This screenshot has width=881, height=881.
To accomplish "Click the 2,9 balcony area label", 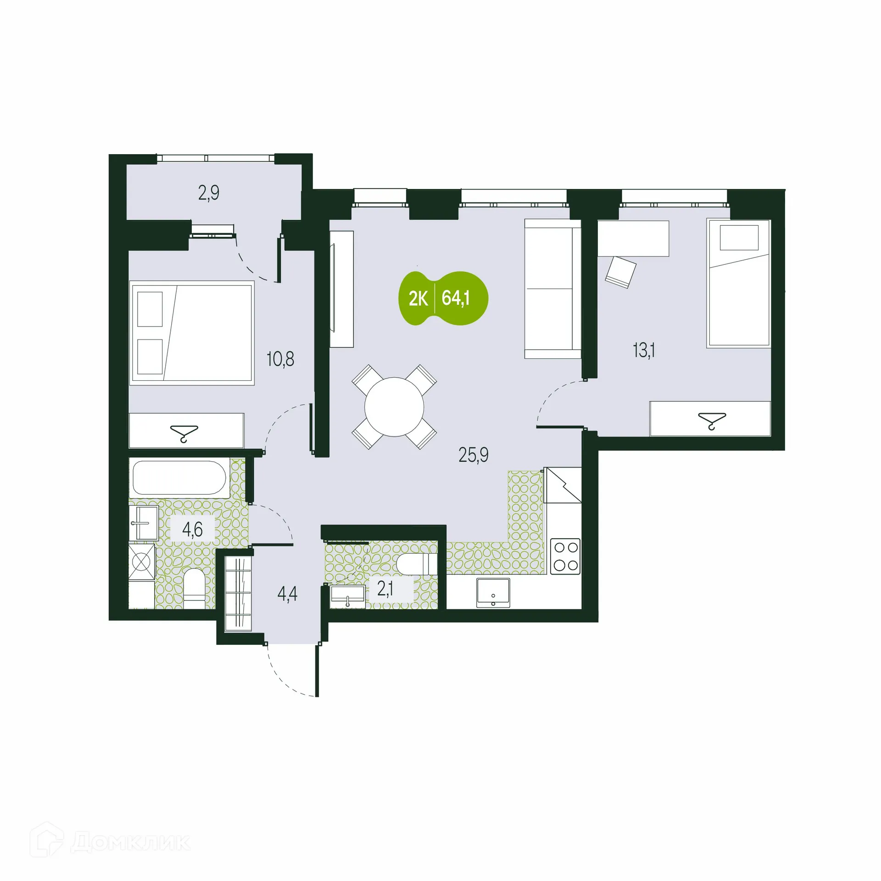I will pos(209,193).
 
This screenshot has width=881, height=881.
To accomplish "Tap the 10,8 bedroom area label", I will pos(280,359).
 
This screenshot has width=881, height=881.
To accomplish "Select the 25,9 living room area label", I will pos(474,455).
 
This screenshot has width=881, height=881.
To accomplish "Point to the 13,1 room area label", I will pos(644,351).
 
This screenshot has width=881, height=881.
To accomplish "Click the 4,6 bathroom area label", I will pos(192,530).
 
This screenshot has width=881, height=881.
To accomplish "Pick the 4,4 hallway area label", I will pos(287,594).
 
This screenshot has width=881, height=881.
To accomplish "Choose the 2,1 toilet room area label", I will pos(385,589).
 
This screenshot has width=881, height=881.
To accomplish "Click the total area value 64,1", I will pos(456,298).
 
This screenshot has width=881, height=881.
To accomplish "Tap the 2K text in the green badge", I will pos(418,299).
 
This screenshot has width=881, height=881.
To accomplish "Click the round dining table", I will pos(394,407).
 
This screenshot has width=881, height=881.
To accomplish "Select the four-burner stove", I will pos(565,557).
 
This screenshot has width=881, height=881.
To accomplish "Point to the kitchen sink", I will pos(493,593).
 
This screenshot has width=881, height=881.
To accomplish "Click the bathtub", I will pos(179,477).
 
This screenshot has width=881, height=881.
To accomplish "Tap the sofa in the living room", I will pos(552,289).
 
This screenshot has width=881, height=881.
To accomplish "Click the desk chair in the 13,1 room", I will pos(620,272).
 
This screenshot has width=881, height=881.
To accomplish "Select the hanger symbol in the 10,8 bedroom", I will pos(184,433).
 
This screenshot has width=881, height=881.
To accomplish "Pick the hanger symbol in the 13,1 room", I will pos(712,420).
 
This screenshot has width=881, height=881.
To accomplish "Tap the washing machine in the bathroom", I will pos(141,561).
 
